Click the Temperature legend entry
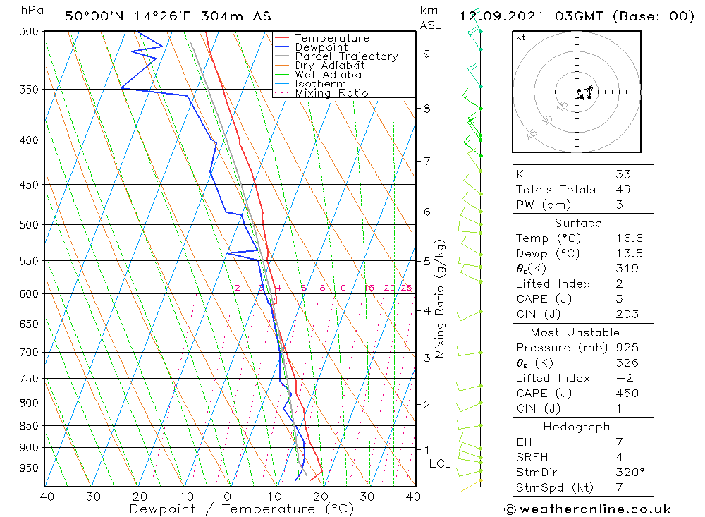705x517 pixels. (x=331, y=38)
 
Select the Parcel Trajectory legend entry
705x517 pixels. (x=346, y=56)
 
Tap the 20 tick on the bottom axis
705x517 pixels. (x=321, y=496)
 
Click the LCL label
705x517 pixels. (x=439, y=463)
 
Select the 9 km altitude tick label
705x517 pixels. (x=427, y=53)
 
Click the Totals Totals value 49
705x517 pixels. (x=623, y=190)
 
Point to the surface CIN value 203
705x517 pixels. (x=627, y=314)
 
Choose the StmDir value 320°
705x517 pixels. (x=630, y=473)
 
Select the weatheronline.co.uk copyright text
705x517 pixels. (x=587, y=509)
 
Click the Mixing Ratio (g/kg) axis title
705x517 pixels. (x=441, y=299)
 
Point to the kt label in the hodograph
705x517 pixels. (x=521, y=37)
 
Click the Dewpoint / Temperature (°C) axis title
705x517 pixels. (x=242, y=509)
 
